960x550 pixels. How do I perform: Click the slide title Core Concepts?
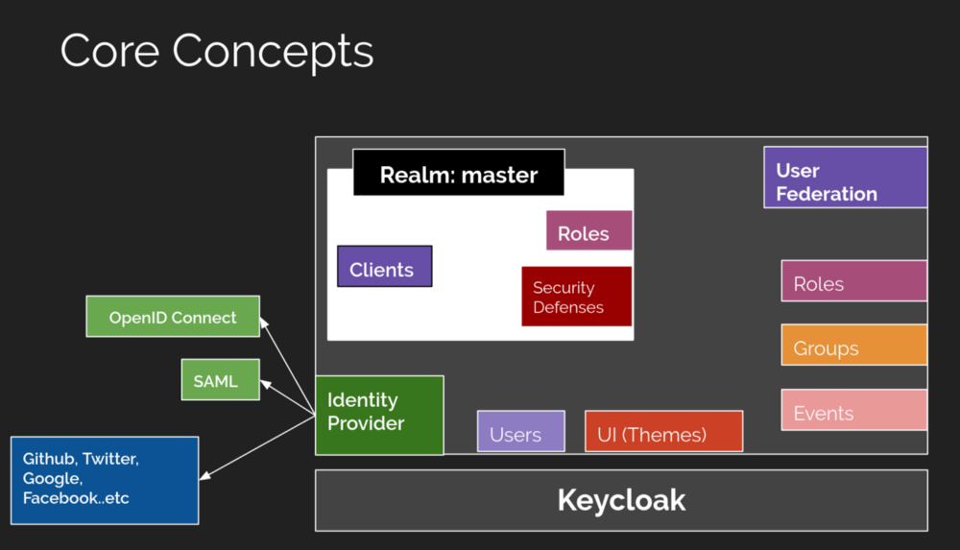(216, 51)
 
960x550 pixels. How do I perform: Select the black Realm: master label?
(459, 174)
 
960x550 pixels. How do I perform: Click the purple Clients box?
(384, 267)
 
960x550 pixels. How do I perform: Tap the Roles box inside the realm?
(588, 231)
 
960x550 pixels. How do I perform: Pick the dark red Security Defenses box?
(576, 297)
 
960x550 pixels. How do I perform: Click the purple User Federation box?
(845, 178)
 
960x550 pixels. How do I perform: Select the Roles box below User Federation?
(853, 281)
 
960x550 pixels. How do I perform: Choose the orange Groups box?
(853, 346)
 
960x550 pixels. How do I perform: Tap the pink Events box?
(853, 410)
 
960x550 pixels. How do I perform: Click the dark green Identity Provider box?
(379, 415)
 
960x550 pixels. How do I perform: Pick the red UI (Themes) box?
(663, 432)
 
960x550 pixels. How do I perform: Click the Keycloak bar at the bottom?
(621, 500)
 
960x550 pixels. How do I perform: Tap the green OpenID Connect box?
(173, 317)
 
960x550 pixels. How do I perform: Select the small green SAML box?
(221, 380)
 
